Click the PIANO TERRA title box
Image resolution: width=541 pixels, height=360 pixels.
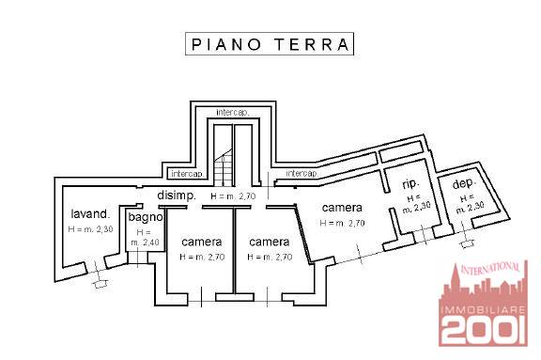coord(270,44)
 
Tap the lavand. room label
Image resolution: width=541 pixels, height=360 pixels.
coord(90,213)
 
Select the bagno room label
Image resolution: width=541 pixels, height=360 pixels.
coord(146,217)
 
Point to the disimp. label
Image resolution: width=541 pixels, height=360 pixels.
coord(177,196)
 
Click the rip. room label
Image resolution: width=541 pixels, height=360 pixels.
coord(411,184)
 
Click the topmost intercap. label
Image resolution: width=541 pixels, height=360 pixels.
coord(233,113)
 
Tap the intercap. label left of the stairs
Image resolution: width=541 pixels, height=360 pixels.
coord(187,174)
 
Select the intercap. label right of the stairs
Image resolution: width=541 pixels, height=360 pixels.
coord(301,173)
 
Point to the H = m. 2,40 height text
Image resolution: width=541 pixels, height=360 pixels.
coord(145,237)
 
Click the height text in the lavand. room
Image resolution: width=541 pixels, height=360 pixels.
coord(91,228)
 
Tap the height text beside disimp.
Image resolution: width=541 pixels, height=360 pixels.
coord(233,196)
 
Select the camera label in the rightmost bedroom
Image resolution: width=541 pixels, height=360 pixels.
coord(342,208)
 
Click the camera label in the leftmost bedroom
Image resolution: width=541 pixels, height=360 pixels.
coord(202,242)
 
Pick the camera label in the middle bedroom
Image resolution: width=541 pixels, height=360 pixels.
coord(270,242)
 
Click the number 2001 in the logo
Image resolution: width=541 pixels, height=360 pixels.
coord(484,330)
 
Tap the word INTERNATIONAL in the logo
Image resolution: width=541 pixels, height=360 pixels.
coord(490,268)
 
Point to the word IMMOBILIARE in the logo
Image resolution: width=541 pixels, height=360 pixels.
coord(483,309)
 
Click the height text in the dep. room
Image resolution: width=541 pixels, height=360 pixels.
coord(470,204)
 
